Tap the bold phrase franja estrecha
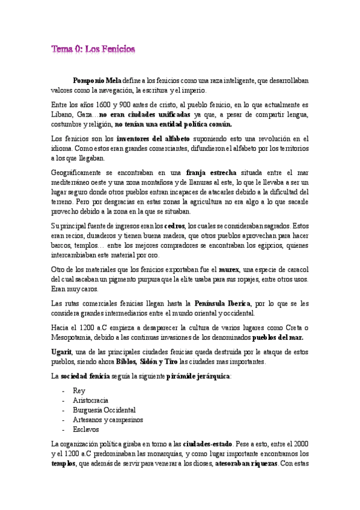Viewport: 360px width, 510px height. [212, 173]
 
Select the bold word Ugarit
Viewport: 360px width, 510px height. [63, 352]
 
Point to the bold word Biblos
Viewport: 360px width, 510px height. [125, 361]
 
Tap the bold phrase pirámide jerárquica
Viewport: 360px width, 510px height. [202, 376]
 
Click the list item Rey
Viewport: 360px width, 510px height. [79, 391]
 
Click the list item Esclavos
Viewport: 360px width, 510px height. [87, 429]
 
